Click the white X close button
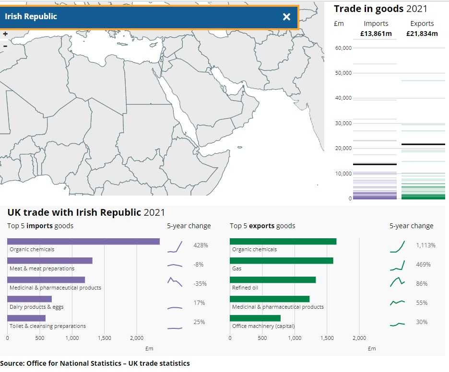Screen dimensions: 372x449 tap(286, 17)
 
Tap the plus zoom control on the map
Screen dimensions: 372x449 tap(5, 34)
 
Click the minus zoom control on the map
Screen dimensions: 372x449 tap(5, 46)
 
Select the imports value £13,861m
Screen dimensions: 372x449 tap(376, 34)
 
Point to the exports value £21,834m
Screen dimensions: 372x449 tap(422, 34)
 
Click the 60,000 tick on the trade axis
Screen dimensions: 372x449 tap(343, 48)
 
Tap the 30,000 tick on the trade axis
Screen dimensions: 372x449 tap(343, 123)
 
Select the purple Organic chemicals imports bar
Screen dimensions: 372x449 tap(83, 242)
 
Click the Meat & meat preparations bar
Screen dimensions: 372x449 tap(50, 261)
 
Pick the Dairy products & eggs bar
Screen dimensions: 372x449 tap(29, 299)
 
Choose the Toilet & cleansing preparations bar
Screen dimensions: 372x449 tap(26, 318)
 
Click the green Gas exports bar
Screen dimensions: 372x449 tap(281, 261)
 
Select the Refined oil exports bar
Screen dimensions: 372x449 tap(272, 280)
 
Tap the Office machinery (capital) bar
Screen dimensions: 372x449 tap(255, 318)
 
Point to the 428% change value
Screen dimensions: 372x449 tap(201, 245)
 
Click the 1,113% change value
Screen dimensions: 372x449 tap(425, 245)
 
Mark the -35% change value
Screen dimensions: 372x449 tap(200, 284)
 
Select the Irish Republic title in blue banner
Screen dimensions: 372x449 tap(31, 16)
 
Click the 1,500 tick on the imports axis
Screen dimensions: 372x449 tap(104, 338)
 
